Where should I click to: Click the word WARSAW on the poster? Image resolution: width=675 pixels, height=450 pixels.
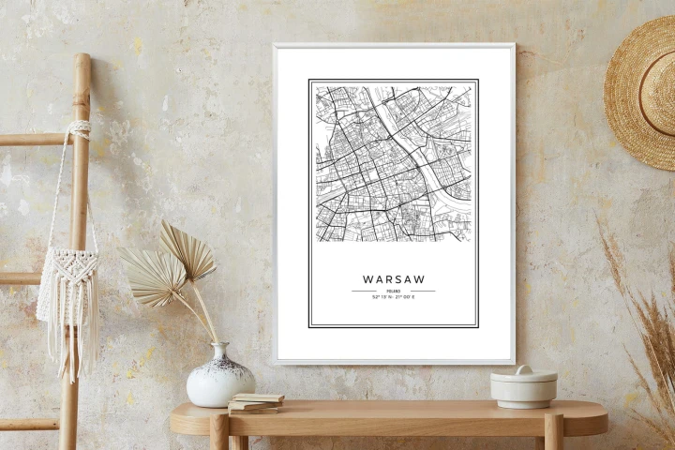[393, 278]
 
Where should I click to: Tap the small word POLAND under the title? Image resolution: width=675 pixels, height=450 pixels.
[393, 292]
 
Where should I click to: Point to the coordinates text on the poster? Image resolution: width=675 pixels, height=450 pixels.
[393, 298]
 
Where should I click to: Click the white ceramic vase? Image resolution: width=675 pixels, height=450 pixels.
[219, 377]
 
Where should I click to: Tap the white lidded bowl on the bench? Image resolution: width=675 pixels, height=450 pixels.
[523, 388]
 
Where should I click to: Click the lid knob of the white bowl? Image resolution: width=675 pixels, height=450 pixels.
[523, 370]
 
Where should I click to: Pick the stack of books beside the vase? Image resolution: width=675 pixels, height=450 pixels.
[255, 403]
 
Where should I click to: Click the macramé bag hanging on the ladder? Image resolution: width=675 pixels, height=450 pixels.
[67, 281]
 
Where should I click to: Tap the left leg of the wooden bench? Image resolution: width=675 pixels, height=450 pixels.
[219, 433]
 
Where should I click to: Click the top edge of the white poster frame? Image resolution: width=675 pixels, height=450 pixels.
[393, 46]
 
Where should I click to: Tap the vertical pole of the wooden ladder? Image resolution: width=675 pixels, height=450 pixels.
[77, 234]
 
